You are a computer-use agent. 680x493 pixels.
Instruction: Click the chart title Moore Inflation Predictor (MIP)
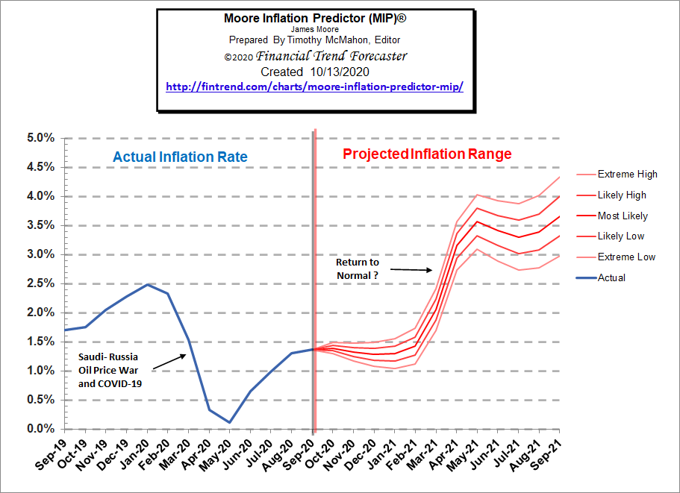pyautogui.click(x=316, y=17)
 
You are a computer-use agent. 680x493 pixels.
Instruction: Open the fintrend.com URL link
pyautogui.click(x=315, y=87)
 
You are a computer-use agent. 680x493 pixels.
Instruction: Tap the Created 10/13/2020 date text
pyautogui.click(x=315, y=72)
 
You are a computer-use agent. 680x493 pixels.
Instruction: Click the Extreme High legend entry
pyautogui.click(x=627, y=175)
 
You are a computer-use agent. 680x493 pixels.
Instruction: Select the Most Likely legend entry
pyautogui.click(x=623, y=216)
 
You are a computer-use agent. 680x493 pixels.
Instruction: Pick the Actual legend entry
pyautogui.click(x=611, y=277)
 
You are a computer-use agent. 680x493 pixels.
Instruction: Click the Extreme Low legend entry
pyautogui.click(x=626, y=257)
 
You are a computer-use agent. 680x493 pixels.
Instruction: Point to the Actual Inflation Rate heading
pyautogui.click(x=180, y=157)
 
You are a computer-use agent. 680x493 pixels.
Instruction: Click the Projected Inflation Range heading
pyautogui.click(x=427, y=154)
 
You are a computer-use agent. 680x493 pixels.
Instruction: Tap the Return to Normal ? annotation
pyautogui.click(x=357, y=269)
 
